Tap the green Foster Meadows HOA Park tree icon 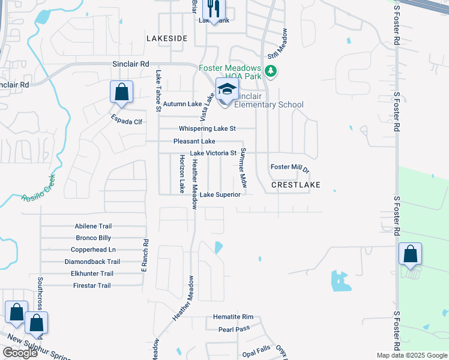click(x=271, y=71)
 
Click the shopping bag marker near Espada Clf click(x=121, y=93)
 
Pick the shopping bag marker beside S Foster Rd click(x=410, y=254)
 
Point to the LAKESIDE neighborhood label click(x=167, y=38)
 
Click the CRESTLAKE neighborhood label click(x=296, y=185)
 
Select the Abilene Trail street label click(x=93, y=226)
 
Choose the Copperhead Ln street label click(x=93, y=250)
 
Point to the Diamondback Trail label click(x=92, y=262)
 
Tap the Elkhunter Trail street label click(x=92, y=274)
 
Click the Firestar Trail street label click(x=92, y=286)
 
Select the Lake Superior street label click(x=220, y=194)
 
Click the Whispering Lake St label click(x=208, y=128)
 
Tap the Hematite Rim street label click(x=234, y=317)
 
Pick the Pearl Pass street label click(x=234, y=329)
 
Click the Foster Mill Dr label click(x=290, y=168)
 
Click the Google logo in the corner click(x=20, y=353)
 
